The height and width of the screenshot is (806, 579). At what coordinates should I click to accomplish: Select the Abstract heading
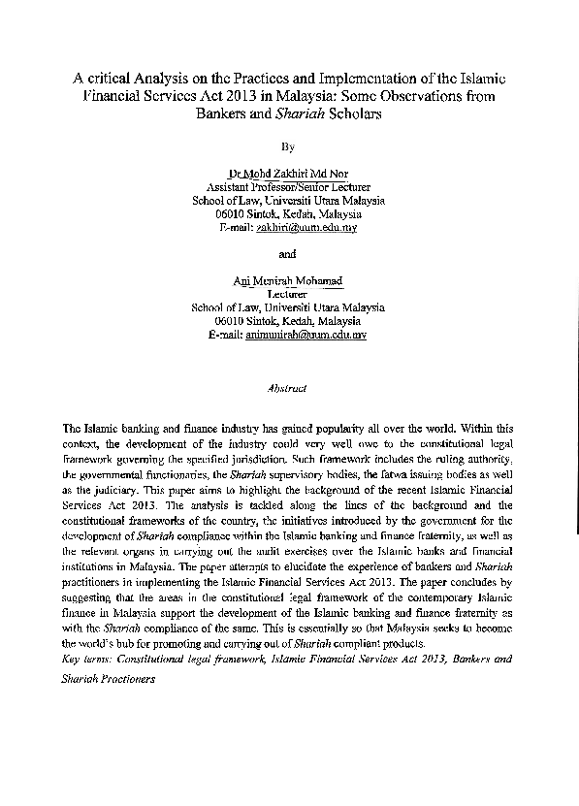pyautogui.click(x=286, y=388)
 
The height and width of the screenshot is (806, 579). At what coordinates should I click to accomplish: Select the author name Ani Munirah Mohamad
pyautogui.click(x=288, y=280)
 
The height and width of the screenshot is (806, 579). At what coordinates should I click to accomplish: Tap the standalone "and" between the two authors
pyautogui.click(x=286, y=254)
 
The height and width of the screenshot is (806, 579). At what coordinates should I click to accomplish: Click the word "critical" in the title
pyautogui.click(x=109, y=79)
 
